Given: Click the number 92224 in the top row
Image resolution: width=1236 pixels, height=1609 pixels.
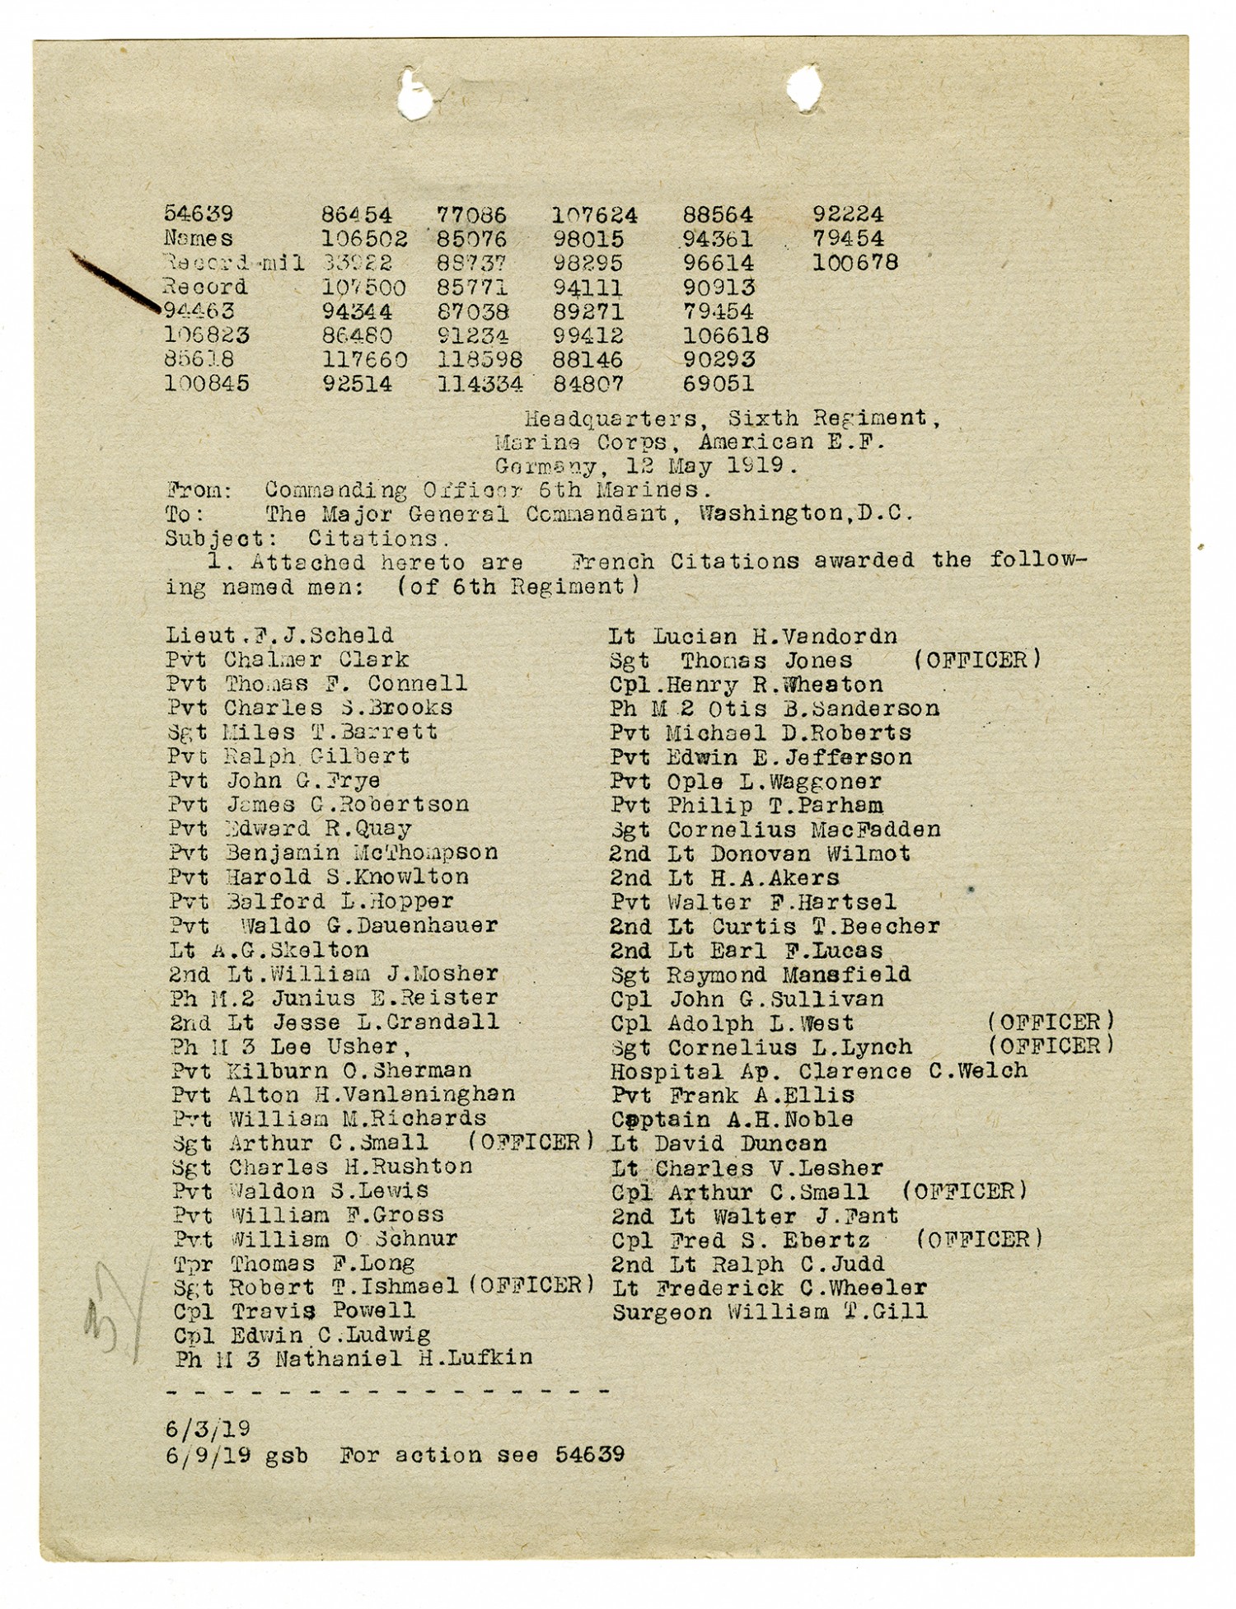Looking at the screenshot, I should point(848,215).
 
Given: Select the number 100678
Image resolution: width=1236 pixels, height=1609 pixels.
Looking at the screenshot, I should point(854,263).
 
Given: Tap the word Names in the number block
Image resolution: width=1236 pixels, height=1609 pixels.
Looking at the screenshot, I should point(198,239).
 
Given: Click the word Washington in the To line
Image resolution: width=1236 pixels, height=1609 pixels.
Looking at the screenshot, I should point(770,514).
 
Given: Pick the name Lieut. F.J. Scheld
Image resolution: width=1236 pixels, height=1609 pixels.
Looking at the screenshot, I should point(279,635).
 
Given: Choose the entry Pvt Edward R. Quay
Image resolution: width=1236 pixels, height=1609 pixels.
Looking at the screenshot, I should point(289,828).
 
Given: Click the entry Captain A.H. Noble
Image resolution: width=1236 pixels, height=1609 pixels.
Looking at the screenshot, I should point(732,1119).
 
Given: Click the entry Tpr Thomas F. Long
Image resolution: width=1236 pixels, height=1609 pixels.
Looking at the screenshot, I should point(293,1263).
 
